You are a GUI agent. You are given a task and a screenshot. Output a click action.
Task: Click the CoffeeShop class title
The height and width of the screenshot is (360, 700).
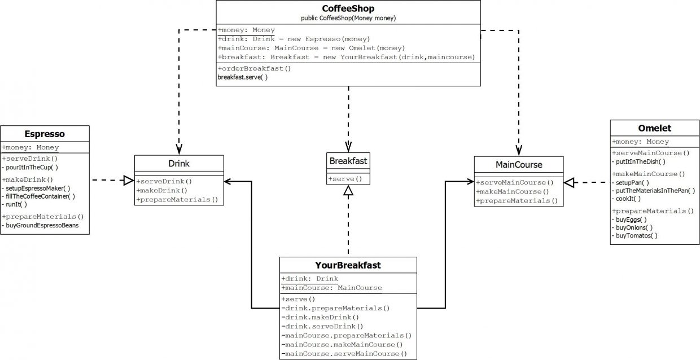click(x=348, y=8)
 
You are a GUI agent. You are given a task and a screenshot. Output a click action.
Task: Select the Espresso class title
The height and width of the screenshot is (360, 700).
click(x=45, y=134)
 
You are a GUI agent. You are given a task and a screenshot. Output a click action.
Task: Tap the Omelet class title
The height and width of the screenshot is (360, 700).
click(x=655, y=128)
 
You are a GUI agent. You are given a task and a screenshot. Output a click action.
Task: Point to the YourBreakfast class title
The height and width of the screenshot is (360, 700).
click(x=348, y=265)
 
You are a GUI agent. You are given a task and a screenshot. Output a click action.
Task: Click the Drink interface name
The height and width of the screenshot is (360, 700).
click(x=179, y=164)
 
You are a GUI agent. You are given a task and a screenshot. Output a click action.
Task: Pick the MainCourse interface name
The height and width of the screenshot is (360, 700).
click(x=519, y=165)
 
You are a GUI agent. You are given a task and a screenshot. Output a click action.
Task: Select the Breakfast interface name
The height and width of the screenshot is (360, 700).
click(x=348, y=161)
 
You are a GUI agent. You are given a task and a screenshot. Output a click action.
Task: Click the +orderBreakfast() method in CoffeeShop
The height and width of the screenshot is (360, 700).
click(x=255, y=68)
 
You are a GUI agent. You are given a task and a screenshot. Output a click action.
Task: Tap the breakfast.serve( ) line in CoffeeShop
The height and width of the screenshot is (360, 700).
click(x=243, y=77)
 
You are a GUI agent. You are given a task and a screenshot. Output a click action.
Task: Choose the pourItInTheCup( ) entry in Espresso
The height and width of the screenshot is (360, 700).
click(x=30, y=168)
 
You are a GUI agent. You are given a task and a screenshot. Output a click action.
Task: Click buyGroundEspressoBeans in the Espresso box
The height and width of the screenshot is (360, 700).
click(x=40, y=226)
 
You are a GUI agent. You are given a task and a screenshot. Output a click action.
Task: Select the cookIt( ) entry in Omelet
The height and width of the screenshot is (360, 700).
click(x=626, y=199)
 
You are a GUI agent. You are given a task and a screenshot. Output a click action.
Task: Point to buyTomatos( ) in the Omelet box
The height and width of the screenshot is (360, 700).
click(x=635, y=236)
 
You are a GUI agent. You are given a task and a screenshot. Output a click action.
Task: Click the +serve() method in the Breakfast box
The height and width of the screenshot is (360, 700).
click(x=345, y=179)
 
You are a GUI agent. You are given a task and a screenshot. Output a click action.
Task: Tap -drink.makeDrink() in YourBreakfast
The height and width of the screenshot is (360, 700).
click(x=320, y=318)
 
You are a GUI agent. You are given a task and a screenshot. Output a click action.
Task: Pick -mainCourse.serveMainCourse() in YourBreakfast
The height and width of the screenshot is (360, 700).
click(x=344, y=354)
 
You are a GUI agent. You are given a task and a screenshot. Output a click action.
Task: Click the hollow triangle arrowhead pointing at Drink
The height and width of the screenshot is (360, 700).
click(x=129, y=180)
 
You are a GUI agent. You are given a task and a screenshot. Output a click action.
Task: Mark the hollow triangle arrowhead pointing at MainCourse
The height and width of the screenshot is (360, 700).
click(x=569, y=183)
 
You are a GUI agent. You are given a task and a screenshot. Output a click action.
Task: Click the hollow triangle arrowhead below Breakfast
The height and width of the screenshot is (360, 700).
click(x=348, y=190)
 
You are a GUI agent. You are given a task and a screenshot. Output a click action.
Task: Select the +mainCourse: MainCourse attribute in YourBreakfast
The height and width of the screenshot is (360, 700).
click(x=331, y=288)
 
